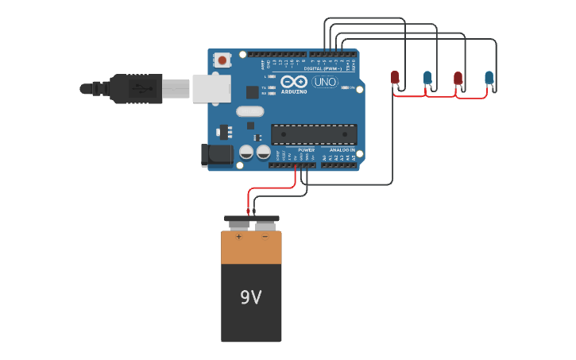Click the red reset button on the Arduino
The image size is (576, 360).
coord(222,60)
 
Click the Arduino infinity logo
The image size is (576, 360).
coord(293,82)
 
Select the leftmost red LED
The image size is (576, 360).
coord(395,77)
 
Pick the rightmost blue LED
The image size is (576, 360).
coord(489,77)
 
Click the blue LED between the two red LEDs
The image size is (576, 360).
coord(427,77)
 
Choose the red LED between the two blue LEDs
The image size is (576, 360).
coord(458,77)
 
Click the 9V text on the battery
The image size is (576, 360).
coord(251,297)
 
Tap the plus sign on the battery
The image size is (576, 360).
coord(238,237)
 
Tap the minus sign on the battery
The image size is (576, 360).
coord(265,237)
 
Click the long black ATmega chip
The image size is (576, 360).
coord(314,134)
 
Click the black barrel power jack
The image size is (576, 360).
coord(216,155)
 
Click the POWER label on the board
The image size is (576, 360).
coord(306,149)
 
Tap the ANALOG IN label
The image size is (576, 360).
coord(342,149)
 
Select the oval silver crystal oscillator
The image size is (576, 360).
coord(249,112)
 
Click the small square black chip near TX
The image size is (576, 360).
coord(252,92)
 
